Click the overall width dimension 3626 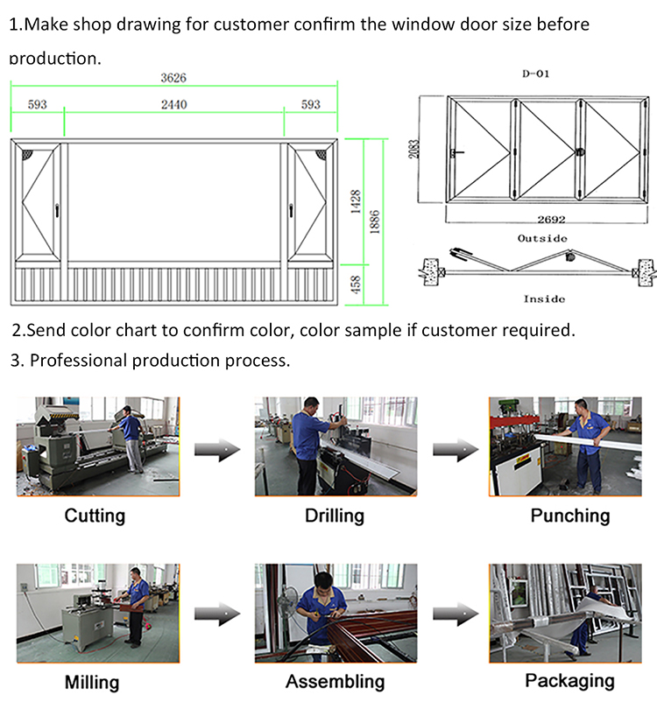(173, 78)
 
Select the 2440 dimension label (173, 105)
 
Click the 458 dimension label (356, 285)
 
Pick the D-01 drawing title (535, 74)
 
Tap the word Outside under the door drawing (542, 238)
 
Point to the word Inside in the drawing (544, 298)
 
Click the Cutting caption (95, 516)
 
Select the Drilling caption (334, 516)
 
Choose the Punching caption (569, 516)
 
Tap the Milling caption (92, 682)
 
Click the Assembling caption (335, 682)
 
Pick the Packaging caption (569, 680)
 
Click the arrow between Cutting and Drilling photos (216, 450)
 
